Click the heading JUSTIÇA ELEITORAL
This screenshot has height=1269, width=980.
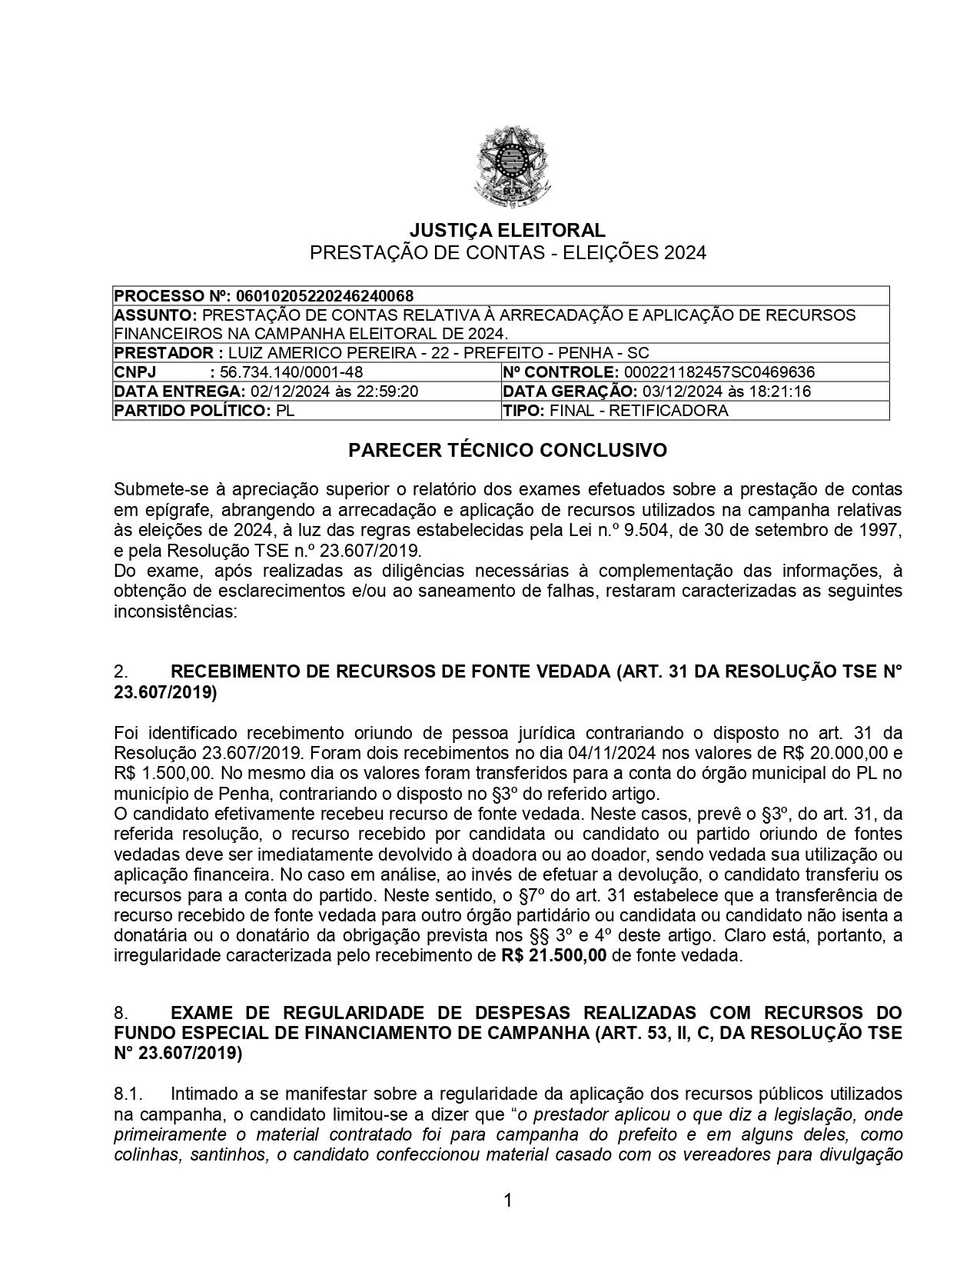507,230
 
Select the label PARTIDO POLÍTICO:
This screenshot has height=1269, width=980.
192,411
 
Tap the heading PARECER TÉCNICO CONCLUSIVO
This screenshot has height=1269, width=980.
507,451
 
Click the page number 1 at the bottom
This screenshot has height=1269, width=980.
507,1200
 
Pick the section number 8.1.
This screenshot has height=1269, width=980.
128,1094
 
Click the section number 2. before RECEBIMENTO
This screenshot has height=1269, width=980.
121,671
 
